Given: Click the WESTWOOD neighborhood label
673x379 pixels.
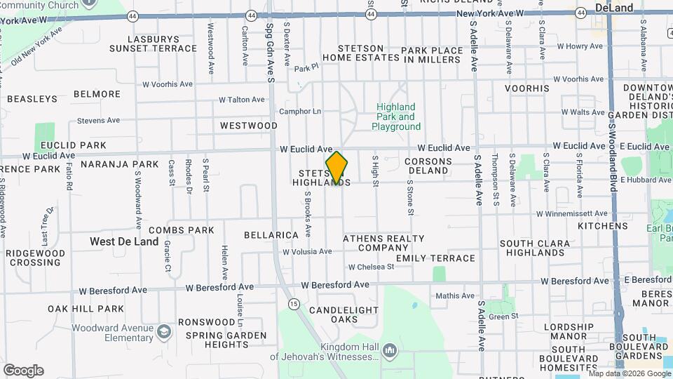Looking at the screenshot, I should [x=249, y=126].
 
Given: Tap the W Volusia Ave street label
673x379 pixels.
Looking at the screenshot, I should [x=307, y=251].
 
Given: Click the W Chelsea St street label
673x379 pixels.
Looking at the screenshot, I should [x=372, y=267].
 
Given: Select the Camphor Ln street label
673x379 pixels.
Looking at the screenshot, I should [x=300, y=112].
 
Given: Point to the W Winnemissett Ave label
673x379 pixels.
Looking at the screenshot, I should [x=572, y=213].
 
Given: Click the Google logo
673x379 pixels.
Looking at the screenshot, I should [x=23, y=370].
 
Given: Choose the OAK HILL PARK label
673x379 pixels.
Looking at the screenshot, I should [x=86, y=308].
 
